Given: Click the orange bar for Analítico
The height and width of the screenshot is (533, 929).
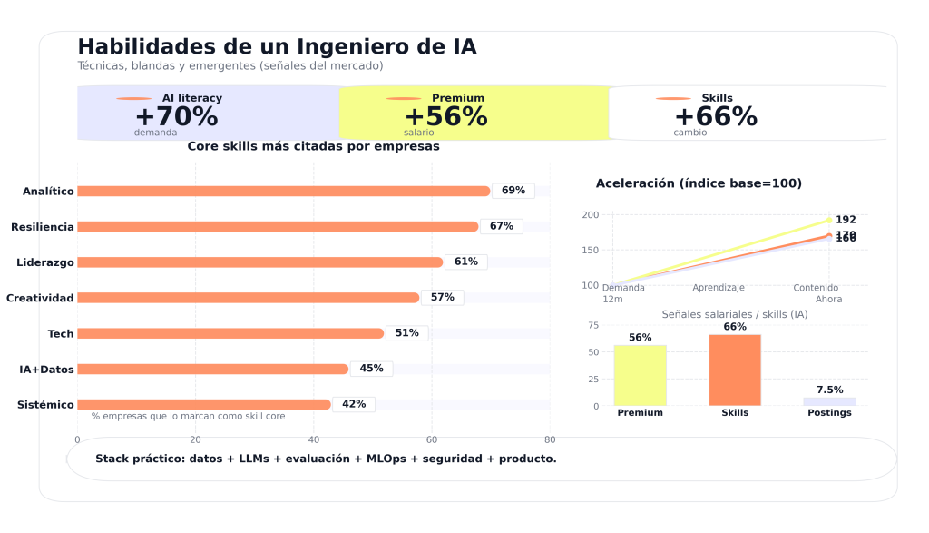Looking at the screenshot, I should (283, 191).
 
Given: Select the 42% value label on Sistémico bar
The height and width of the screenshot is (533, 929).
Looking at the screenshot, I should (354, 404).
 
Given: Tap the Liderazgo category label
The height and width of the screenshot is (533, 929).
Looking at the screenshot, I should (45, 262).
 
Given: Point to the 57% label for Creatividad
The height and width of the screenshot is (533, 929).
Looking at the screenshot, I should (443, 298).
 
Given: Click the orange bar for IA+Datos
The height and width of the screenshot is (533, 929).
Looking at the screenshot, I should (213, 369).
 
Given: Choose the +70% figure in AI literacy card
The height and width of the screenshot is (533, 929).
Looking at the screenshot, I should (176, 117).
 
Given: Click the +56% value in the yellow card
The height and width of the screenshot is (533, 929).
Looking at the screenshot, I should (445, 117).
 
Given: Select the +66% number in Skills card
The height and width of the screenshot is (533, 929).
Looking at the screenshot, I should (715, 117).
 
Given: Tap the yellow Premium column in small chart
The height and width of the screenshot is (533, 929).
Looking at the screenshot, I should (640, 375).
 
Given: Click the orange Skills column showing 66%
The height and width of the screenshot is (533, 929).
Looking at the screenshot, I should (735, 370).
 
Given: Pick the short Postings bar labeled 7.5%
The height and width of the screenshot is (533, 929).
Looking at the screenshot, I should (829, 401).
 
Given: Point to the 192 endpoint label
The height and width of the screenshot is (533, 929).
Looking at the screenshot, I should (846, 220).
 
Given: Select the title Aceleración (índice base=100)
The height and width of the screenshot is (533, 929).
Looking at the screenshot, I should (699, 183).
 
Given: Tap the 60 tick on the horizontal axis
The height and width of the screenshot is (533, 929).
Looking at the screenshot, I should (432, 439).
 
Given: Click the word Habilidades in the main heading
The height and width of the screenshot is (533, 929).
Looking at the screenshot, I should (135, 46).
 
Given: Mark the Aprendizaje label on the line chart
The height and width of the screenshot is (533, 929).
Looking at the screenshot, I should (719, 288).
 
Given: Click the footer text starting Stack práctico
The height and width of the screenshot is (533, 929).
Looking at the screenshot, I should (326, 459).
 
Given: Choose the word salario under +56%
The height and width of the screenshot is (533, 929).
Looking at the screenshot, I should (418, 133).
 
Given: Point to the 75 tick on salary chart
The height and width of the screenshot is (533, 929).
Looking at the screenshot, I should (593, 325).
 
